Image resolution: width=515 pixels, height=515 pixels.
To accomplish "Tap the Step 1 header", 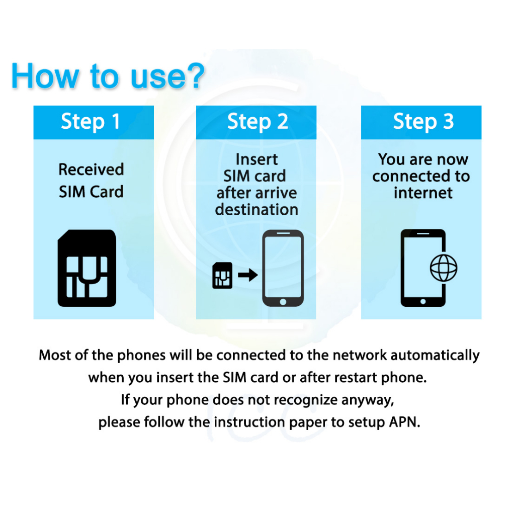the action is pyautogui.click(x=94, y=122).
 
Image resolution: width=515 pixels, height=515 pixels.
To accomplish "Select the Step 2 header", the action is pyautogui.click(x=256, y=122).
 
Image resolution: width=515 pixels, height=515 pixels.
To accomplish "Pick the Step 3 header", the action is pyautogui.click(x=421, y=122).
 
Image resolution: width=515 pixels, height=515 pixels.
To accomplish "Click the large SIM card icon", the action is pyautogui.click(x=87, y=268).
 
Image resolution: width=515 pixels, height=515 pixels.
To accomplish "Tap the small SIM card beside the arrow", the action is pyautogui.click(x=222, y=275).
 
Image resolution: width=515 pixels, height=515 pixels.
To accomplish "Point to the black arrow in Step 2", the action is pyautogui.click(x=247, y=275).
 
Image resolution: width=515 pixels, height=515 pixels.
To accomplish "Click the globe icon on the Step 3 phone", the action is pyautogui.click(x=444, y=268).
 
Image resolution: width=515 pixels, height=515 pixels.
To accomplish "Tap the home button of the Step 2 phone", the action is pyautogui.click(x=283, y=302).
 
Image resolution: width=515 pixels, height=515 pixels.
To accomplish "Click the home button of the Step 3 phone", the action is pyautogui.click(x=423, y=302).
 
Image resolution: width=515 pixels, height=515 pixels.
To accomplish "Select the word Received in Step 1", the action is pyautogui.click(x=92, y=169).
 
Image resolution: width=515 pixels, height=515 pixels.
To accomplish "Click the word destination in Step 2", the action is pyautogui.click(x=256, y=209).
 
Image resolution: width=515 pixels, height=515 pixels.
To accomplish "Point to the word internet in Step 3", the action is pyautogui.click(x=423, y=193).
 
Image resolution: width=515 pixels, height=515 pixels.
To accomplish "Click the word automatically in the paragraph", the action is pyautogui.click(x=435, y=356).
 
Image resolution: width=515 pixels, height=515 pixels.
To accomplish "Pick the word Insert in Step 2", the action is pyautogui.click(x=257, y=159).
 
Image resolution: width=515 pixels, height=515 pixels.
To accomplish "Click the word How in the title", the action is pyautogui.click(x=45, y=76).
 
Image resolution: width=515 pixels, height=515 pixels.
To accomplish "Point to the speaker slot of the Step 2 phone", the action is pyautogui.click(x=283, y=233).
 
